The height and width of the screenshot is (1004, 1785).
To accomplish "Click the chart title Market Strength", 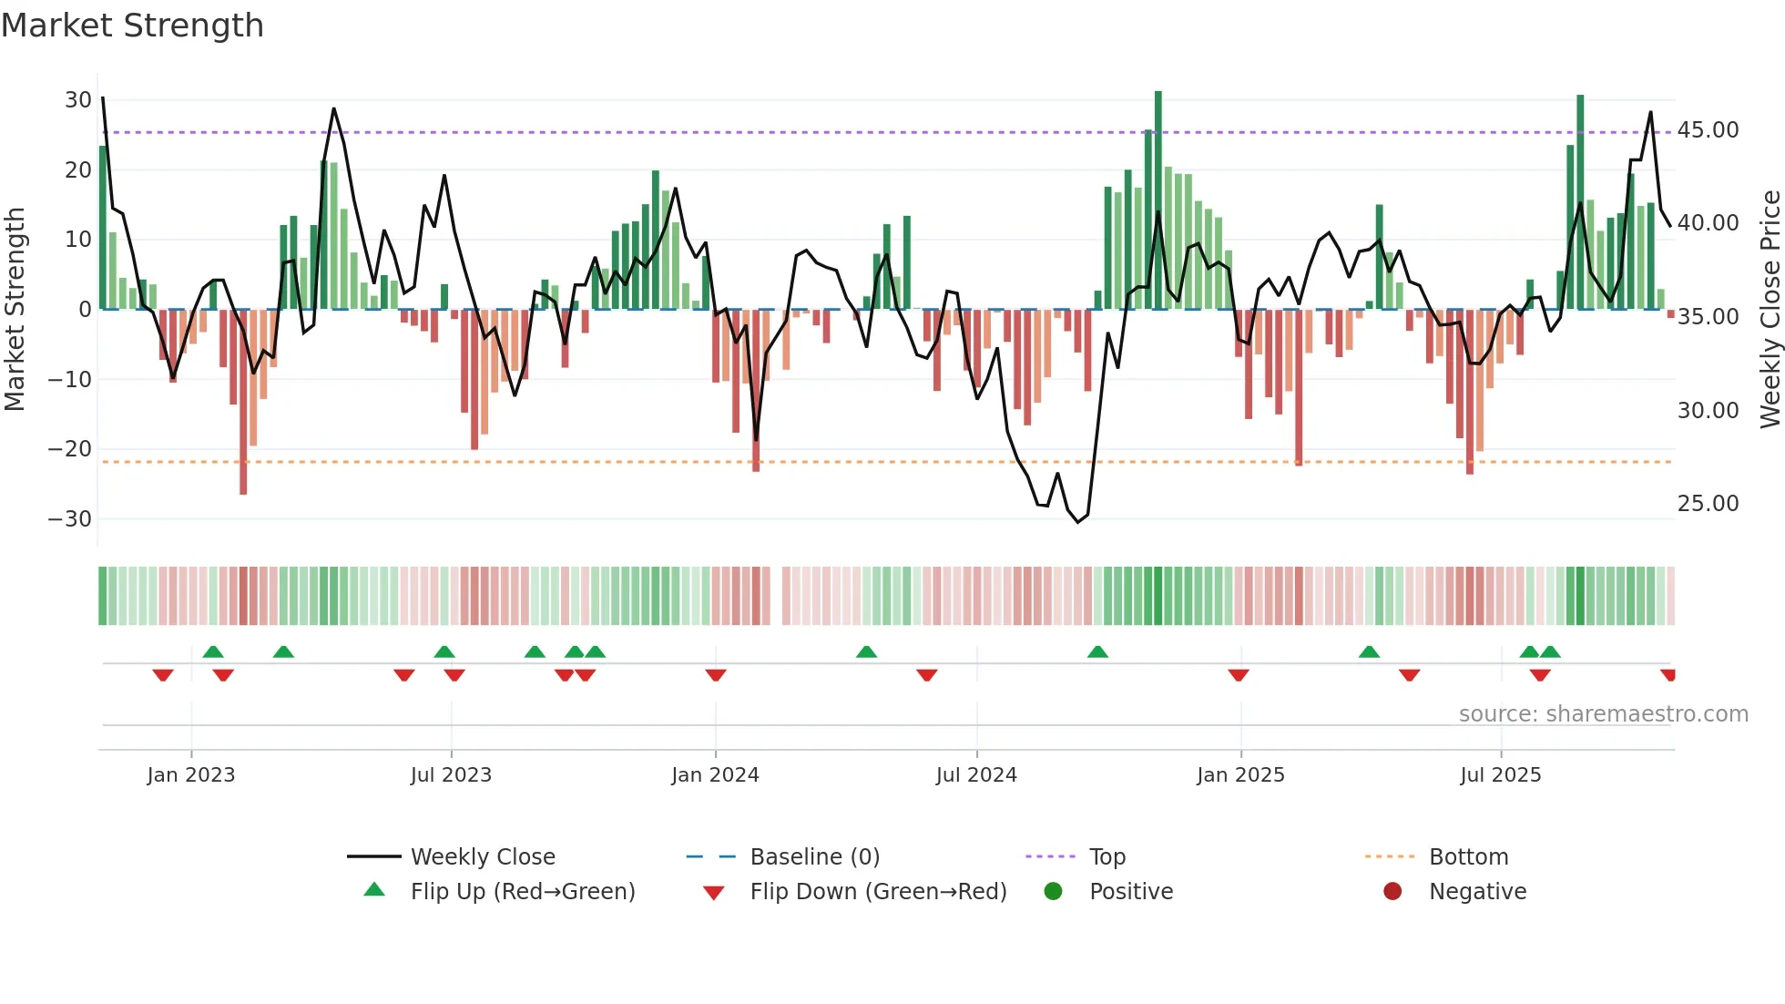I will pos(132,26).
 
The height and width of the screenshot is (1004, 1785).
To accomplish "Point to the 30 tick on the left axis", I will pos(78,100).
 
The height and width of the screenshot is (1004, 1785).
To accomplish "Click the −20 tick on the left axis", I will pos(70,449).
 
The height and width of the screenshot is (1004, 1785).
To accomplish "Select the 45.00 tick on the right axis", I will pos(1708,130).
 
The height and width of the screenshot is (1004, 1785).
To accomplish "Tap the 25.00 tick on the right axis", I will pos(1708,504).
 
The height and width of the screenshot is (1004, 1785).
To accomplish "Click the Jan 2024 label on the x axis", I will pos(715,775).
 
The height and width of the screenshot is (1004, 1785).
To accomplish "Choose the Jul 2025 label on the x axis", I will pos(1500,775).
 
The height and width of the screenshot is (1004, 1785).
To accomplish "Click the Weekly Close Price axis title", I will pos(1770,310).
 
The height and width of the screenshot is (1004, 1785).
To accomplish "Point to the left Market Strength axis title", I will pos(15,310).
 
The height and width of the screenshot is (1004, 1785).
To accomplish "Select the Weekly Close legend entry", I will pos(482,857).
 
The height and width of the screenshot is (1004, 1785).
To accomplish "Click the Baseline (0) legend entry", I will pos(814,857).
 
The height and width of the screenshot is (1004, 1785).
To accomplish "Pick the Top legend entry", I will pos(1107,857).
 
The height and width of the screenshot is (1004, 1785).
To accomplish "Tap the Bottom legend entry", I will pos(1468,857).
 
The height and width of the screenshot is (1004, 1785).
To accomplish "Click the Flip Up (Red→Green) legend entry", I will pos(522,892).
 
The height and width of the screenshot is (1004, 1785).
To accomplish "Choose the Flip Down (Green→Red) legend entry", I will pos(878,892).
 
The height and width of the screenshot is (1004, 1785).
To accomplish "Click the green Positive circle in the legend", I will pos(1054,892).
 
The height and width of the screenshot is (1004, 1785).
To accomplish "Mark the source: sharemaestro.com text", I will pos(1603,714).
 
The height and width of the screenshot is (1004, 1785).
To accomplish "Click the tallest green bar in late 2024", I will pos(1158,200).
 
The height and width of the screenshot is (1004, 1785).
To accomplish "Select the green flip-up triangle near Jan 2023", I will pos(213,652).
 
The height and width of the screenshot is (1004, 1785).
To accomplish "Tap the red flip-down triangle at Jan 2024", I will pos(716,675).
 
